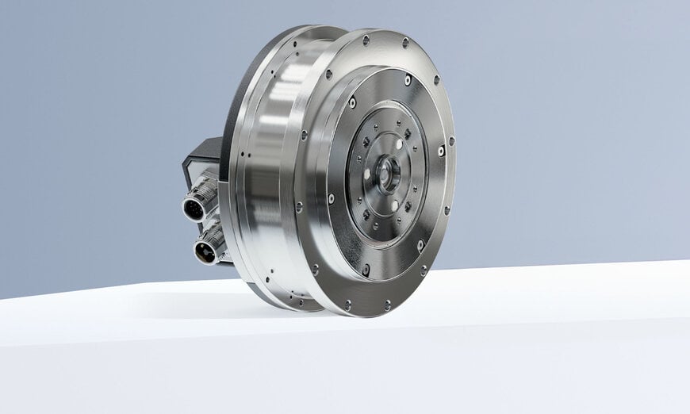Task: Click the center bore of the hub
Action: point(389,173)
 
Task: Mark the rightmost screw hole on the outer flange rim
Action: point(452,142)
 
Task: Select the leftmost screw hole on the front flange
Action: point(299,207)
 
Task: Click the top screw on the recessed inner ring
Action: point(408,79)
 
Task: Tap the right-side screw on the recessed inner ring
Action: point(442,150)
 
